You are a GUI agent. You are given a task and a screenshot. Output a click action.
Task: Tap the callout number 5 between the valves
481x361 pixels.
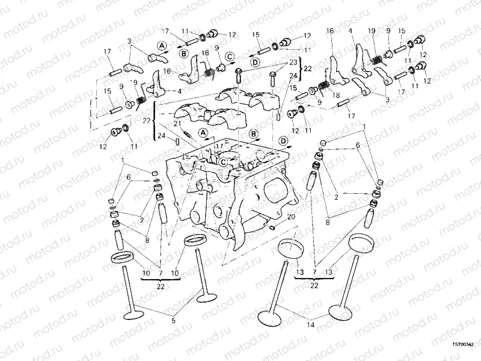174,321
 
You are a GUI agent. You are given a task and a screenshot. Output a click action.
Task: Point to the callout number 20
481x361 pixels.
291,217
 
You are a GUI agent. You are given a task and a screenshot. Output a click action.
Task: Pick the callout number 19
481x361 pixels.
372,31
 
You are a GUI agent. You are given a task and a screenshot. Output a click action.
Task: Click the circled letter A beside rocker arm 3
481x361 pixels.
162,45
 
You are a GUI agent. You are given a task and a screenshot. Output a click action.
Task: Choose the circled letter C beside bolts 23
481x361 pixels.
230,57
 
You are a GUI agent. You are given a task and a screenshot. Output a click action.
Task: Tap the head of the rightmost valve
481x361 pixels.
340,312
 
